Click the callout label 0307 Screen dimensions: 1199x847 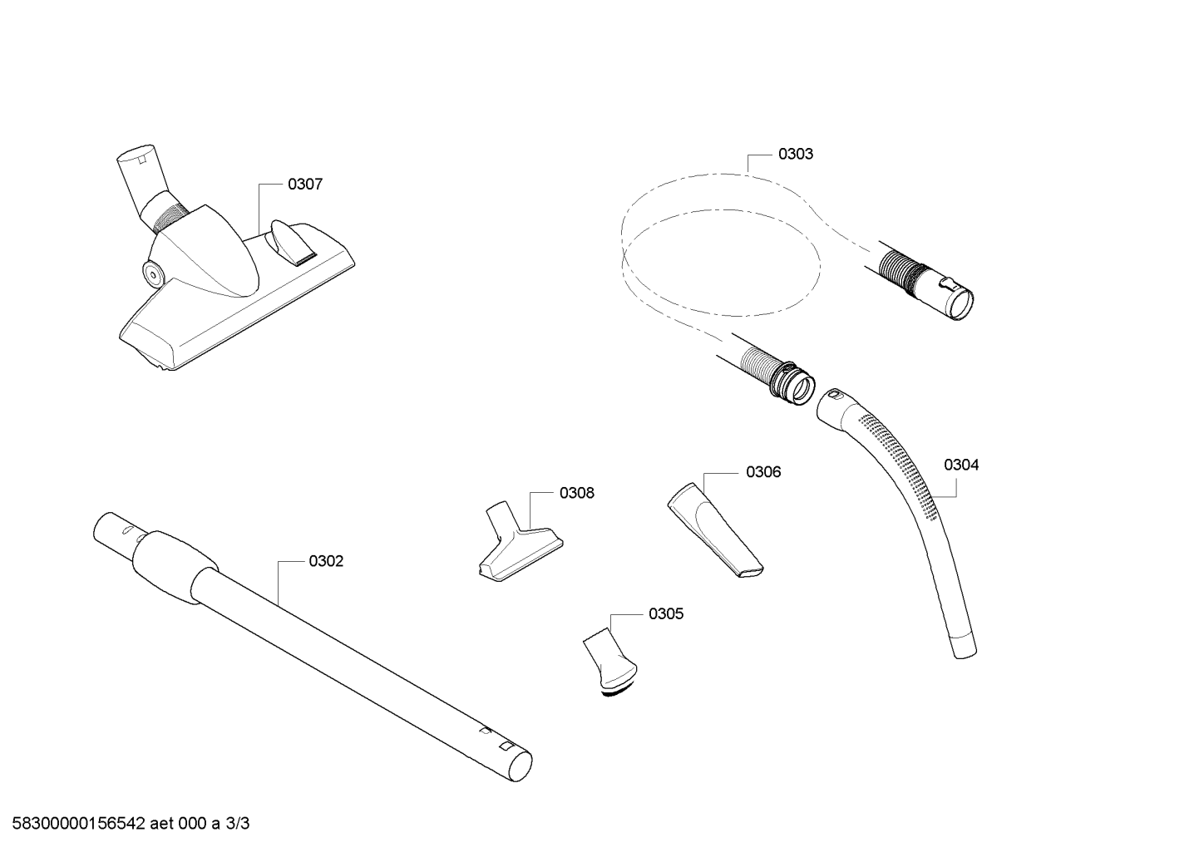305,185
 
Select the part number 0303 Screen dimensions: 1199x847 796,154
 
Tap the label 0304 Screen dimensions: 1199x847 961,465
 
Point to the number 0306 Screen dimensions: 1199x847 763,472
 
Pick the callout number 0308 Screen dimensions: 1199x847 576,493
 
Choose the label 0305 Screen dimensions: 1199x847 666,613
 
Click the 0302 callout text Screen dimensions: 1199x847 326,561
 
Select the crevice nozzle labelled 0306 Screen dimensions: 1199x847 716,529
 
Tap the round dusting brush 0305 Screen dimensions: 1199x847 609,662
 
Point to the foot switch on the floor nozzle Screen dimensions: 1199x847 292,242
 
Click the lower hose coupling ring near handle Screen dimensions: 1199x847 792,382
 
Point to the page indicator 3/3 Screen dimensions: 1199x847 237,824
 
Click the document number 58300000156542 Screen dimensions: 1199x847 79,824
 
